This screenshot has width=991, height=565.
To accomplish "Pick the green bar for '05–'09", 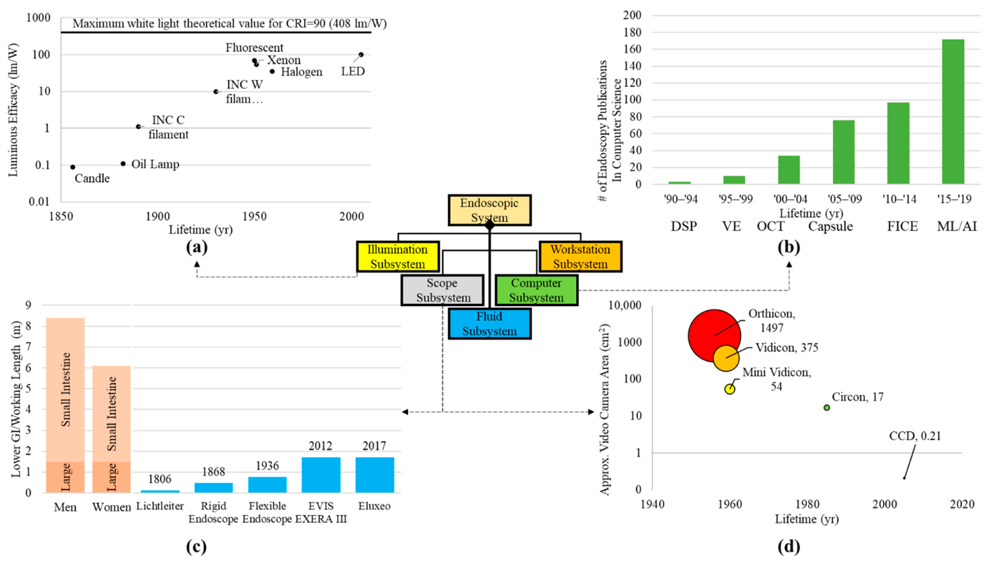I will tap(843, 152).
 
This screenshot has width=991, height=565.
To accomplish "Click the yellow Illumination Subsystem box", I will tap(398, 257).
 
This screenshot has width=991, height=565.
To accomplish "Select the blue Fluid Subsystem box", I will tap(490, 324).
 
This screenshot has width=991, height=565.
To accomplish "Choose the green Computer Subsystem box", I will tap(536, 290).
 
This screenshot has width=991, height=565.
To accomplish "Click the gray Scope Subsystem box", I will tap(442, 290).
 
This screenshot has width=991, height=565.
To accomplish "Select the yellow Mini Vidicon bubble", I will tap(730, 389).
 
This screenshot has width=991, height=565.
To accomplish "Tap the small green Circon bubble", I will tap(827, 407).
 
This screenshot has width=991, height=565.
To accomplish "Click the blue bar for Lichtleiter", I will tap(160, 491).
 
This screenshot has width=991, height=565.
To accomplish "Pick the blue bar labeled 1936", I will tap(267, 485).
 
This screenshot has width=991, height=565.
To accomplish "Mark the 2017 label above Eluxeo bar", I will tap(374, 446).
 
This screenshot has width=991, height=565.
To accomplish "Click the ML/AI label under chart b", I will tap(956, 226).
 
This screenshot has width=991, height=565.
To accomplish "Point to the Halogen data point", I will tap(272, 71).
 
